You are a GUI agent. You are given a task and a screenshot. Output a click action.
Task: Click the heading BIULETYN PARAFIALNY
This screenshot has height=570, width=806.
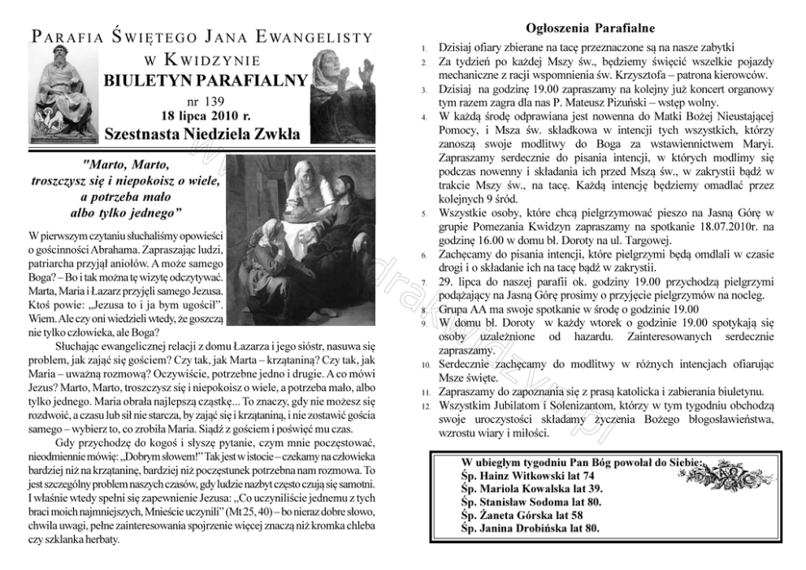click(x=206, y=80)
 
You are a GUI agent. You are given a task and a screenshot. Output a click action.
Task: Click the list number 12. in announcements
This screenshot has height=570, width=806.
click(x=425, y=405)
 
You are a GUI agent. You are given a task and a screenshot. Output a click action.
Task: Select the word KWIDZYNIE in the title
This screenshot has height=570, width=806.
click(x=213, y=59)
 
